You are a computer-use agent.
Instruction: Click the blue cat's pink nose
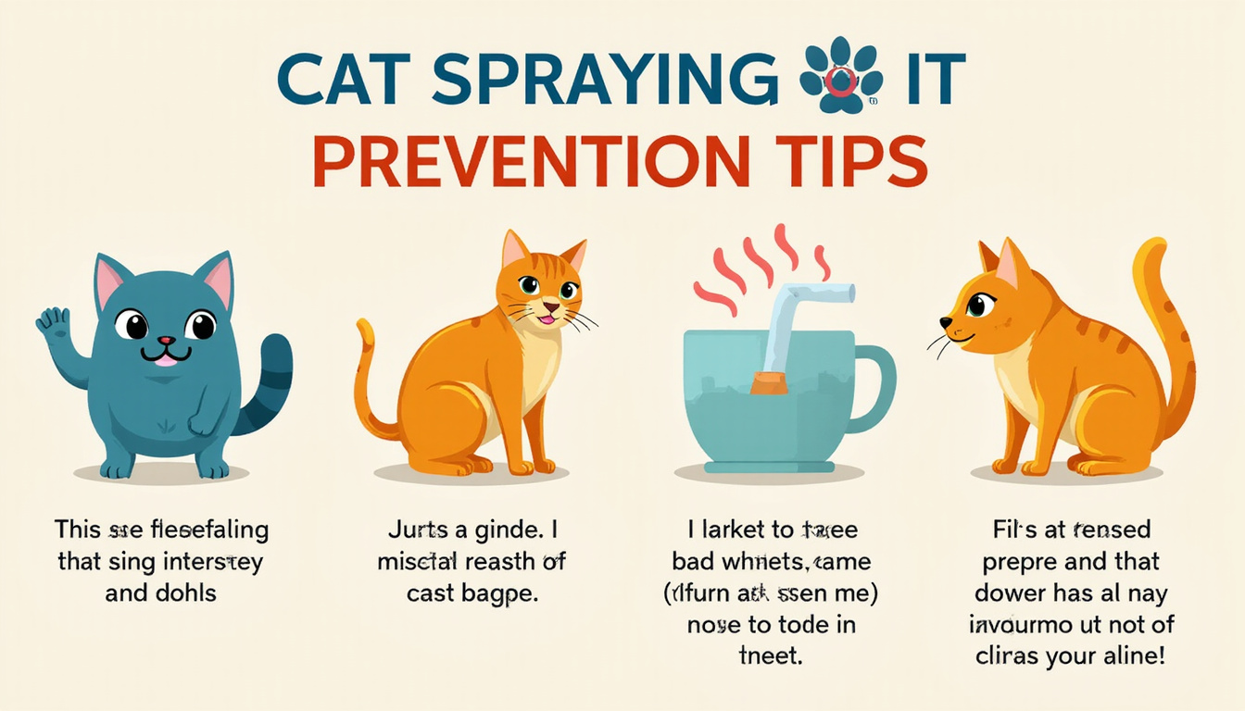(x=165, y=342)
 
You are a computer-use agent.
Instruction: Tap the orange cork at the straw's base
(x=769, y=382)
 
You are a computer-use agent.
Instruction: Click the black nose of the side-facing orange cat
(x=945, y=323)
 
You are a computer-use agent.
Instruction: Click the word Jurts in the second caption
(x=416, y=531)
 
